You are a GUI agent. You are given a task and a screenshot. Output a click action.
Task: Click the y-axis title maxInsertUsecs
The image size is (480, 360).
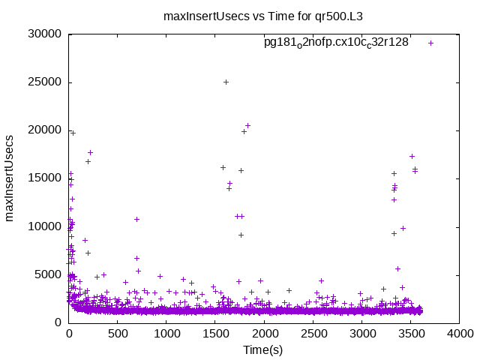tap(10, 178)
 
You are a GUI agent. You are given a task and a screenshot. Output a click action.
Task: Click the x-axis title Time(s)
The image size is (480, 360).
tap(263, 349)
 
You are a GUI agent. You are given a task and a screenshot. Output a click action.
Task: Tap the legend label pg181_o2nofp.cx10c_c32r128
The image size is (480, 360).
tap(336, 43)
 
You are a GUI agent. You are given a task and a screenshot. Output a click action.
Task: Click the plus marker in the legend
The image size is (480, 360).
tap(430, 43)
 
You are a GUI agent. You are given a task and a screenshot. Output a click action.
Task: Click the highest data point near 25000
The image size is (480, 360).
tap(226, 82)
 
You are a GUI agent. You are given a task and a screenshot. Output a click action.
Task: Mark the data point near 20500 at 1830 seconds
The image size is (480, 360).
tap(247, 125)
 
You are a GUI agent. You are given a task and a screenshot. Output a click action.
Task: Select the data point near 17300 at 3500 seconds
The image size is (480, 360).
tap(412, 156)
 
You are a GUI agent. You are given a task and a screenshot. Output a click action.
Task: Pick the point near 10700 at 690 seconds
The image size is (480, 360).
tap(136, 219)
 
